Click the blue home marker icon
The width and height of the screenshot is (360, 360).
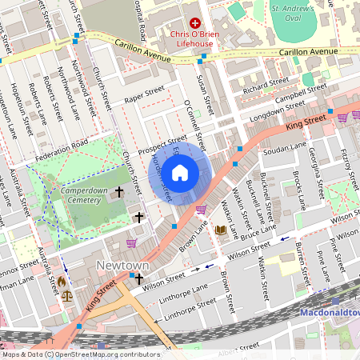pos(180,172)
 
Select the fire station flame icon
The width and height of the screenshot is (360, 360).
pos(62,282)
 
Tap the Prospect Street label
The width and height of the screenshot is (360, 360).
pos(162,143)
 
